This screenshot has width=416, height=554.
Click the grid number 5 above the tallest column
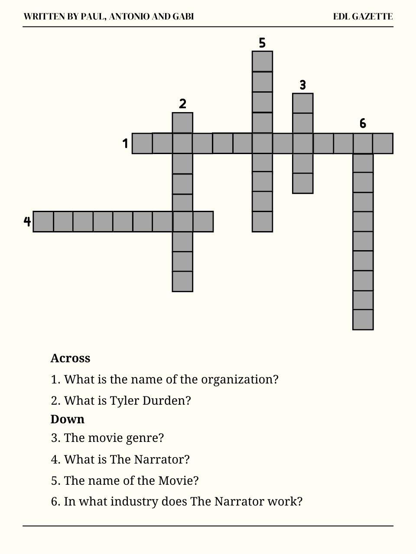262,43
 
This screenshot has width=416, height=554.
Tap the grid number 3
303,85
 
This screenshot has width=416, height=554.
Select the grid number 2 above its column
182,104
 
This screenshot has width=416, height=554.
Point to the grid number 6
363,124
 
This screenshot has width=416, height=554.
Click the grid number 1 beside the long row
125,143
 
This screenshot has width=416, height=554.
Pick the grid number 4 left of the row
27,222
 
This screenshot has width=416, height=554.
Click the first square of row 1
142,144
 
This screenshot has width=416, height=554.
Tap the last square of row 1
383,144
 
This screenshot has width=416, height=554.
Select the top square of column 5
262,61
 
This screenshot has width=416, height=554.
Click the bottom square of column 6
363,319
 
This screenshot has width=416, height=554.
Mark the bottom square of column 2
182,281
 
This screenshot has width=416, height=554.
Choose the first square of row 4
43,222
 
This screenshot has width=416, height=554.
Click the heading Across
70,358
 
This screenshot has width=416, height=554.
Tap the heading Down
67,419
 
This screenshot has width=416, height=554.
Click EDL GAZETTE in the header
363,17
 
